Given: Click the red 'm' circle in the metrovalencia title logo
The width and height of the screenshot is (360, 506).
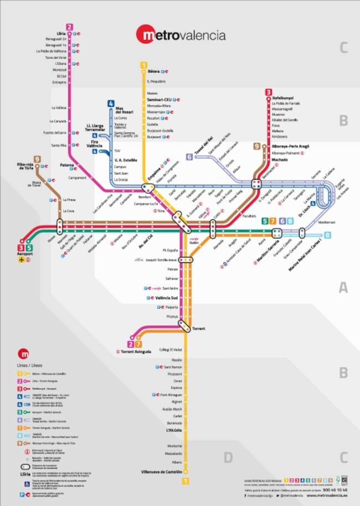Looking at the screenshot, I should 148,35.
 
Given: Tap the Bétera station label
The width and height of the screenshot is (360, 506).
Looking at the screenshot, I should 154,72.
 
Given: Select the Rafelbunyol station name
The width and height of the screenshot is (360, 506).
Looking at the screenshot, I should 284,98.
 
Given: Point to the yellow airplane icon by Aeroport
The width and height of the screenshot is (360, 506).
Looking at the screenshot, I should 22,260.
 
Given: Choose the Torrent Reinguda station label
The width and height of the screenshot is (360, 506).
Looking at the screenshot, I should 136,351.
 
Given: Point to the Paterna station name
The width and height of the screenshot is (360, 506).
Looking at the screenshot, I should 67,165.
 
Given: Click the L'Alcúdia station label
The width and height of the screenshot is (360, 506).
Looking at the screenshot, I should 174,430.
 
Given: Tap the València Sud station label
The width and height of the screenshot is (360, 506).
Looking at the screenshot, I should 166,298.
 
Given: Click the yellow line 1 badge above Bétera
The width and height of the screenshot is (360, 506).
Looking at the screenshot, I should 144,65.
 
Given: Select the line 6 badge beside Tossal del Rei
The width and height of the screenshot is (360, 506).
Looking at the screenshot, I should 189,156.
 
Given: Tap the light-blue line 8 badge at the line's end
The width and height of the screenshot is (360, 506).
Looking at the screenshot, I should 328,235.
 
